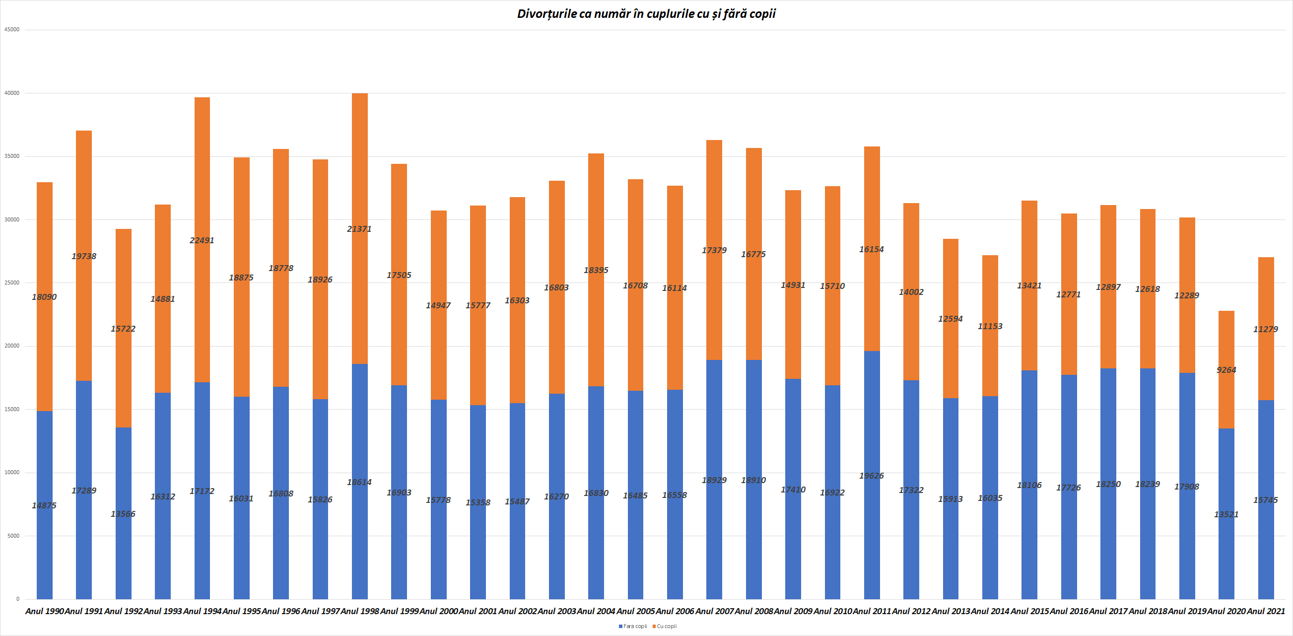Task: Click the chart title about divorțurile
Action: click(646, 14)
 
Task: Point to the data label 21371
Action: click(359, 229)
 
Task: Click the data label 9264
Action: click(1226, 370)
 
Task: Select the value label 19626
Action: click(872, 475)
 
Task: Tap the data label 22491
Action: click(202, 240)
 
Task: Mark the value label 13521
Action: click(1226, 514)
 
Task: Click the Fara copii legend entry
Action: click(633, 626)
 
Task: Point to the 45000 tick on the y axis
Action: click(12, 30)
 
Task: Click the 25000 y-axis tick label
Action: click(12, 283)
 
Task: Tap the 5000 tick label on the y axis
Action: click(13, 536)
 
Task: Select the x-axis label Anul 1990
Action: click(45, 611)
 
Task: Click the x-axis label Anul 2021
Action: click(1266, 611)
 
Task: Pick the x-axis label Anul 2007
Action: click(714, 611)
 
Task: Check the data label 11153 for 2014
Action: click(990, 326)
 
